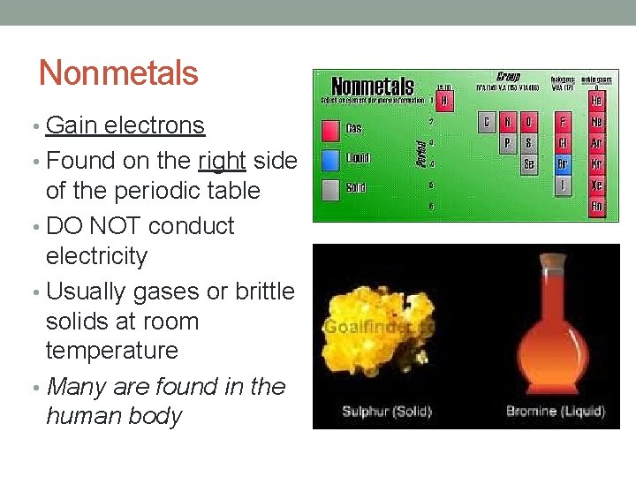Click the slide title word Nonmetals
[x=118, y=72]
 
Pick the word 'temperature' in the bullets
[x=111, y=351]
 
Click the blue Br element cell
[x=562, y=163]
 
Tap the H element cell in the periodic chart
[x=444, y=101]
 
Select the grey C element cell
[x=487, y=122]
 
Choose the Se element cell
[x=528, y=163]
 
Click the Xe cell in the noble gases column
[x=598, y=185]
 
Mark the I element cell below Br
[x=562, y=185]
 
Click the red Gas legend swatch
[x=329, y=131]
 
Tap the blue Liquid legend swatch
[x=329, y=160]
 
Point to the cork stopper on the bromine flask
[x=552, y=263]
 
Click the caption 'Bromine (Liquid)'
[x=555, y=411]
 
